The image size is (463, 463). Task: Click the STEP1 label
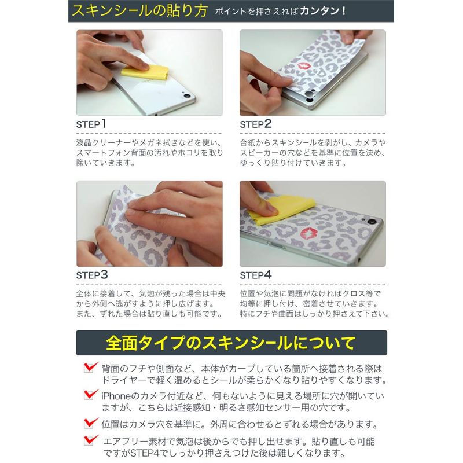pyautogui.click(x=91, y=124)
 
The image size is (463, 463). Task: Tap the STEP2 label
pyautogui.click(x=255, y=124)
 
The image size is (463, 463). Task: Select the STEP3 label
pyautogui.click(x=92, y=275)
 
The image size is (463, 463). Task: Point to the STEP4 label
pyautogui.click(x=255, y=275)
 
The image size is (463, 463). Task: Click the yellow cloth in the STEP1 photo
pyautogui.click(x=145, y=72)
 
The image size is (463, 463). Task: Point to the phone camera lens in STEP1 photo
pyautogui.click(x=186, y=96)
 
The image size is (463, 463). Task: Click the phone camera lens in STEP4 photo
pyautogui.click(x=372, y=221)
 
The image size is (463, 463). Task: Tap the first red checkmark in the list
pyautogui.click(x=91, y=368)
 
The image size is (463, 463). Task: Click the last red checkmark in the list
pyautogui.click(x=91, y=440)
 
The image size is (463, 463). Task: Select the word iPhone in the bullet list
pyautogui.click(x=116, y=396)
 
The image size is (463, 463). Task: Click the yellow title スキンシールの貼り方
pyautogui.click(x=139, y=10)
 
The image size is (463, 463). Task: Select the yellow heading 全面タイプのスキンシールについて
pyautogui.click(x=230, y=343)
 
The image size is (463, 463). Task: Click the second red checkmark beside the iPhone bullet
pyautogui.click(x=91, y=395)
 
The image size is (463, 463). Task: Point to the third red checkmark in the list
pyautogui.click(x=91, y=423)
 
